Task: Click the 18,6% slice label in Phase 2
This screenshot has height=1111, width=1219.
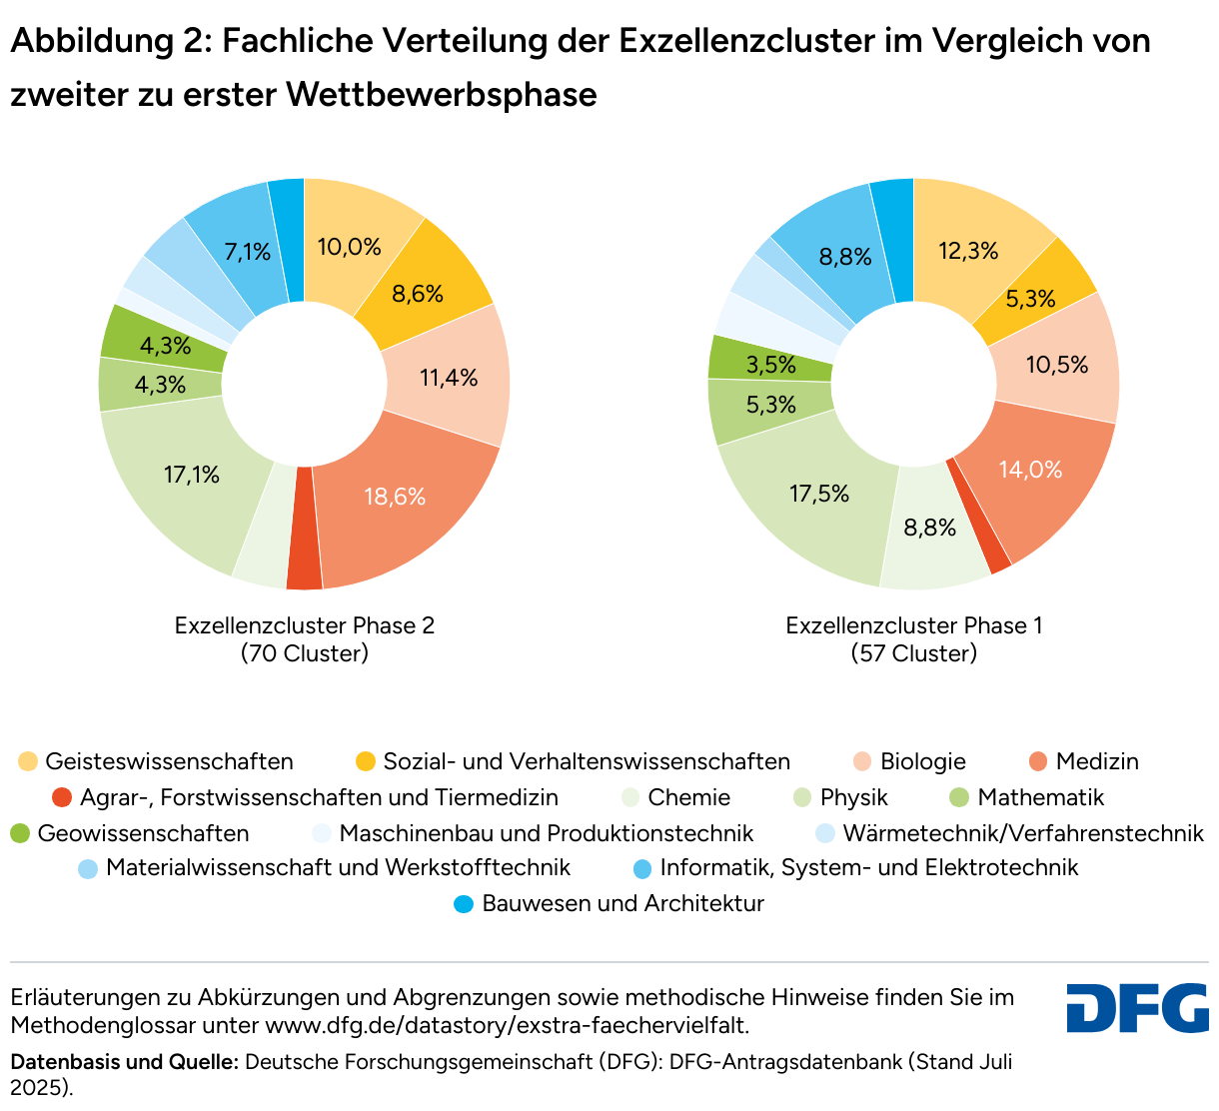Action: [x=395, y=497]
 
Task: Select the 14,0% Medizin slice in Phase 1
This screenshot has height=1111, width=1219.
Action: [x=1030, y=469]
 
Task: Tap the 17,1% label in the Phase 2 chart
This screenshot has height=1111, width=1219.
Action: [x=192, y=475]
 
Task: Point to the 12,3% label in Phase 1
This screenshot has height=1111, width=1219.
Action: [x=968, y=251]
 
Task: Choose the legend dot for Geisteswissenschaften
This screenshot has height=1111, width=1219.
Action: [x=28, y=762]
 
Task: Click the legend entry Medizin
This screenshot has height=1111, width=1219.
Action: [x=1096, y=762]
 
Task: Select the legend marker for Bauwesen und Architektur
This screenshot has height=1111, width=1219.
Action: [x=464, y=904]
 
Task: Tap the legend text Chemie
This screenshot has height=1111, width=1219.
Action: [x=688, y=798]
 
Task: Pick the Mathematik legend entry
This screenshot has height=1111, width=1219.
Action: [x=1040, y=798]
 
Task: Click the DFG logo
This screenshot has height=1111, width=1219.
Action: [x=1137, y=1008]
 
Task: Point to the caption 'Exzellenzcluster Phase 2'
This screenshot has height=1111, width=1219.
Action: [x=305, y=626]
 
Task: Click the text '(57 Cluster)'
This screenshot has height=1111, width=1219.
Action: [x=914, y=654]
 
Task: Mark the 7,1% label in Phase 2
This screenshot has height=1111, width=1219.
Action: [x=248, y=252]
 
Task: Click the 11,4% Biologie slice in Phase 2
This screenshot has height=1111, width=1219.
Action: [x=449, y=378]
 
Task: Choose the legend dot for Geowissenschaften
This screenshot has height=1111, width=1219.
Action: [x=20, y=833]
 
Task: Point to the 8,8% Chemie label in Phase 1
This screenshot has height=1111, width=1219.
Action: [x=930, y=528]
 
